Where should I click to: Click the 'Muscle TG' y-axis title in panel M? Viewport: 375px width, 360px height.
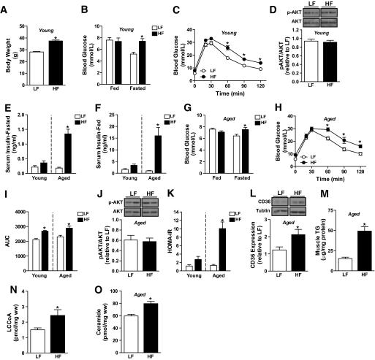pyautogui.click(x=289, y=232)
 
